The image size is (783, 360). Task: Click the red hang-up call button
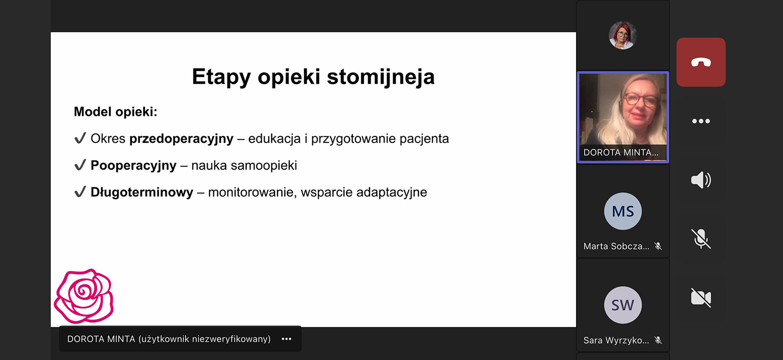(701, 62)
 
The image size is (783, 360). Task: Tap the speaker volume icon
(701, 180)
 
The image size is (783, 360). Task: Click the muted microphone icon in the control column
(701, 239)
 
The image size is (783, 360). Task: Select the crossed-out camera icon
(701, 298)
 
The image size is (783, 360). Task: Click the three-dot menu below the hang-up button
(701, 121)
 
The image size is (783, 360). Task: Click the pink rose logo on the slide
(84, 296)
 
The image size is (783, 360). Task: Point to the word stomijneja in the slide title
(381, 76)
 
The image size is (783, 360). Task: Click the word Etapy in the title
(221, 76)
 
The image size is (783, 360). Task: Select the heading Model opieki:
(115, 112)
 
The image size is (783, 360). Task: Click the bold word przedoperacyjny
(181, 139)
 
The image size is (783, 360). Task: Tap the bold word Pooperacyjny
(133, 165)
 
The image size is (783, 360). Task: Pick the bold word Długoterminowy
(141, 192)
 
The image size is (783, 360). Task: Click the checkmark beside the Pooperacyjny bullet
(80, 165)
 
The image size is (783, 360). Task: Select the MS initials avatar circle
(623, 211)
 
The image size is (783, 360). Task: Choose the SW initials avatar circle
(623, 305)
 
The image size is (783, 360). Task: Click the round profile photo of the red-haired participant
(622, 35)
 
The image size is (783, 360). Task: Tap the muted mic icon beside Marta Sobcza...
(658, 246)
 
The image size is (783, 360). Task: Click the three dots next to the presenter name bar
(287, 339)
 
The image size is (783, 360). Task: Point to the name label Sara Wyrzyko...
(616, 340)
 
